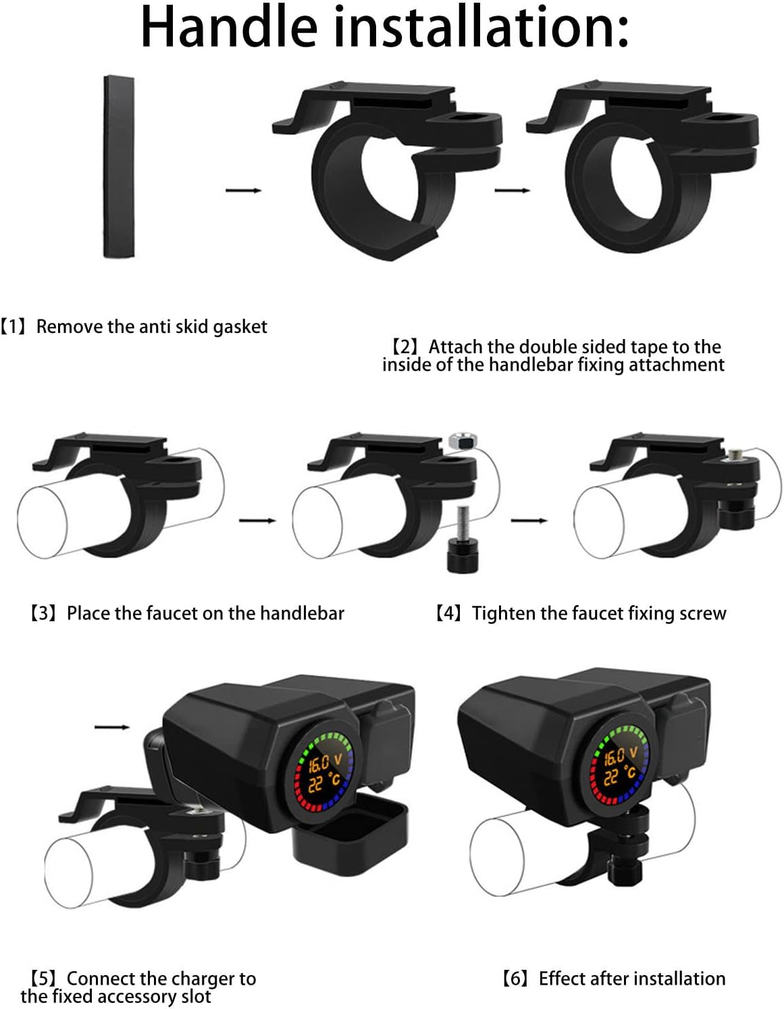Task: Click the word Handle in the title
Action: coord(228,27)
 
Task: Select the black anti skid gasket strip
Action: coord(118,166)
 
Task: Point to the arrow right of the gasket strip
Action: coord(243,190)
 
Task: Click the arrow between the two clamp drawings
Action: coord(512,190)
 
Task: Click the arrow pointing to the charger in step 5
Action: coord(111,727)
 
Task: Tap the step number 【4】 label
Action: coord(449,613)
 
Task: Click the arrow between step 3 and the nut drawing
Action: coord(257,520)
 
